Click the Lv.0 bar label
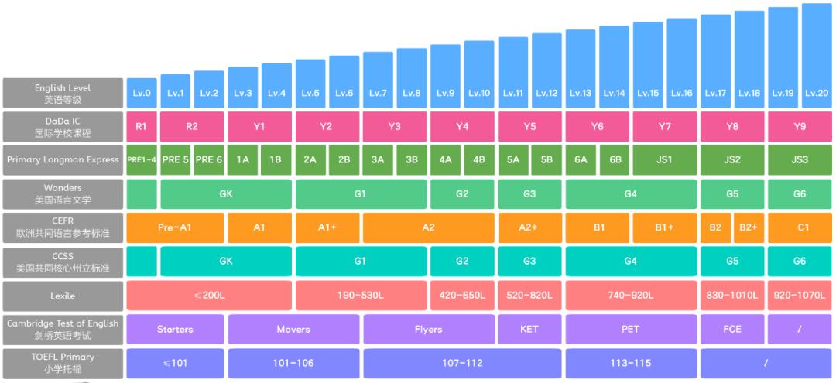click(142, 93)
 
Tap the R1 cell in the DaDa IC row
click(142, 126)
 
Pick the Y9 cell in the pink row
click(800, 126)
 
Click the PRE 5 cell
click(175, 159)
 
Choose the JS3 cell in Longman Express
click(800, 159)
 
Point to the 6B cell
click(615, 159)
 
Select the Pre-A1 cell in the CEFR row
click(175, 227)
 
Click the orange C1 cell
click(800, 227)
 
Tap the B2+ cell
click(749, 227)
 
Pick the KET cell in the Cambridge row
click(529, 329)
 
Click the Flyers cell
click(428, 329)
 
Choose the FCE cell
click(731, 329)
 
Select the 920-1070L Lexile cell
click(800, 295)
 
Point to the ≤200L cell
click(209, 295)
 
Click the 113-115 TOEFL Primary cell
click(631, 363)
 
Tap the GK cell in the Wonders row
click(226, 193)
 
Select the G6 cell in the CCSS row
click(800, 261)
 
